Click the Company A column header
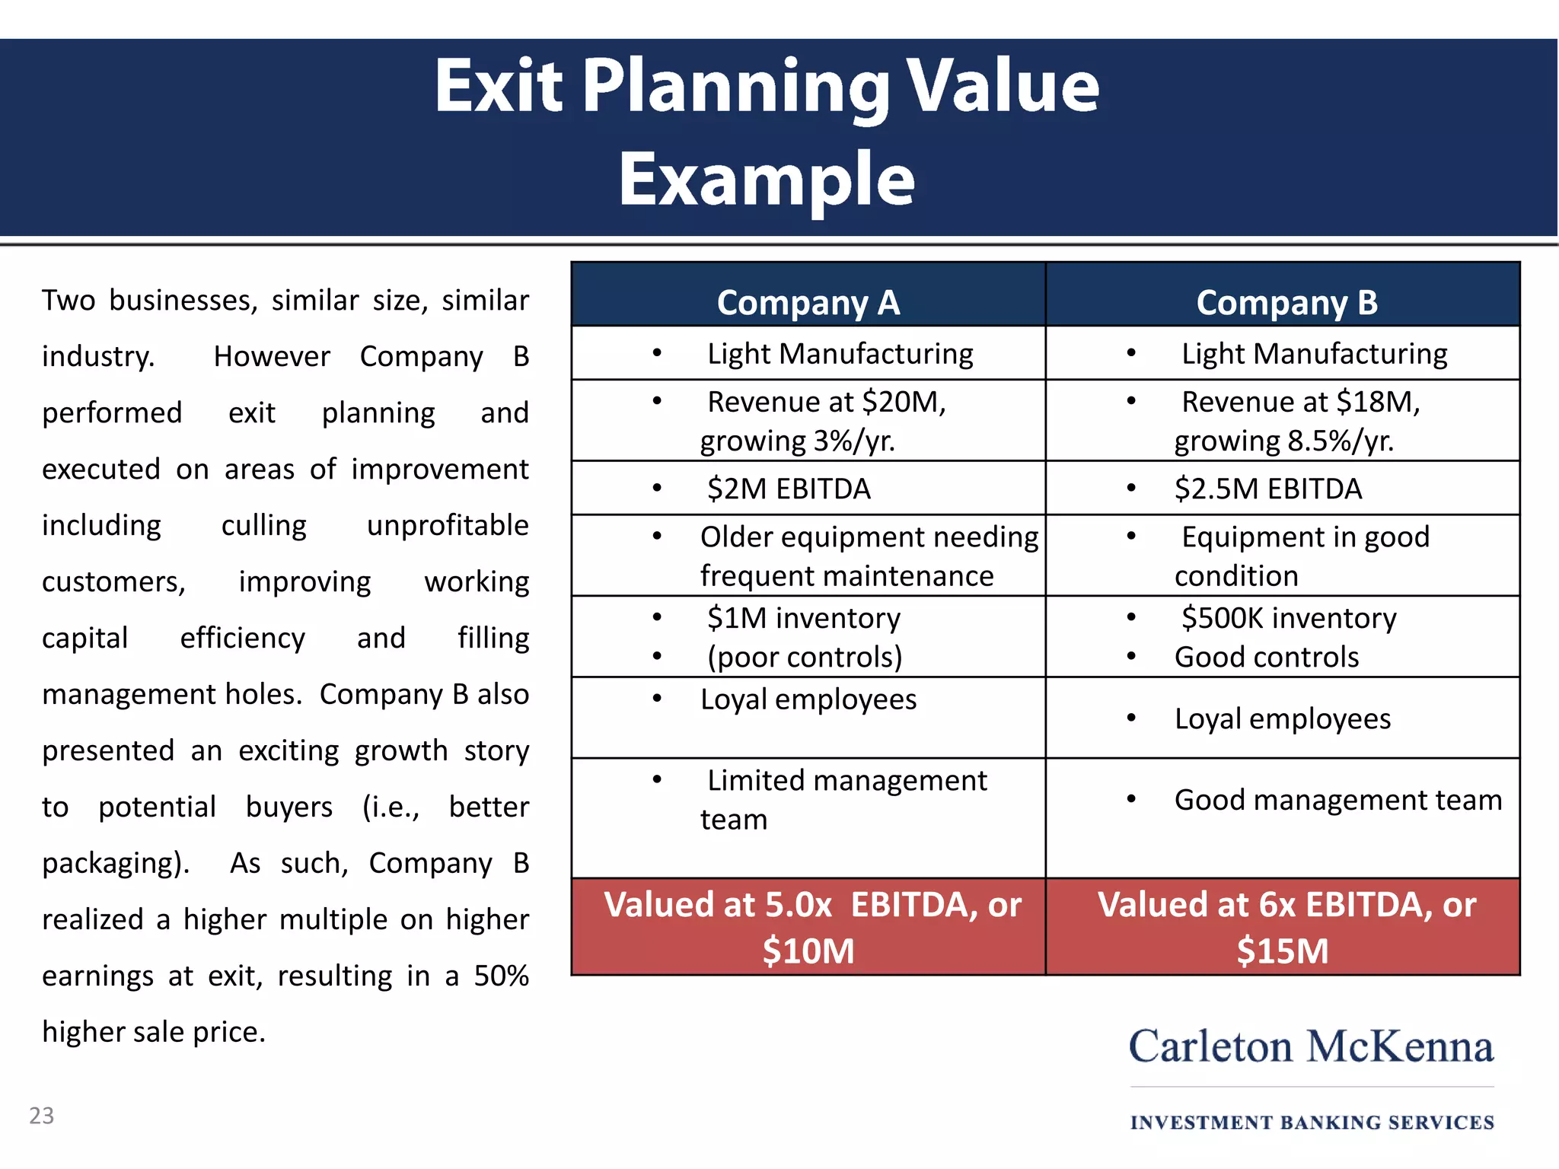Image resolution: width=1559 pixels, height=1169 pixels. tap(808, 303)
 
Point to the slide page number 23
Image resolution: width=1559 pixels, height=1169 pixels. tap(42, 1116)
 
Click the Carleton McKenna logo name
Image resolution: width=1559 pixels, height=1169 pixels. tap(1311, 1046)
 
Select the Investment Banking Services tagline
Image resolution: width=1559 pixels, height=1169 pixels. tap(1312, 1123)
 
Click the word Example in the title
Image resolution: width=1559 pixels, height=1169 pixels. tap(766, 180)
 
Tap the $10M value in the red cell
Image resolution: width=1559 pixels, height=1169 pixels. tap(808, 951)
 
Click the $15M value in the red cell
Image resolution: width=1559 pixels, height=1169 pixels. tap(1283, 951)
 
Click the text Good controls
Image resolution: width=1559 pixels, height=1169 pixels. tap(1266, 657)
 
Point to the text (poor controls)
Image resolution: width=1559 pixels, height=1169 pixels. tap(804, 657)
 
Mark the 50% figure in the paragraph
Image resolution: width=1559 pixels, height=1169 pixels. tap(501, 976)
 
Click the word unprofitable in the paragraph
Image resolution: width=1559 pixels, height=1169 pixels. tap(448, 525)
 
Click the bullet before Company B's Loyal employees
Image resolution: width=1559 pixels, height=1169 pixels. tap(1131, 718)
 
